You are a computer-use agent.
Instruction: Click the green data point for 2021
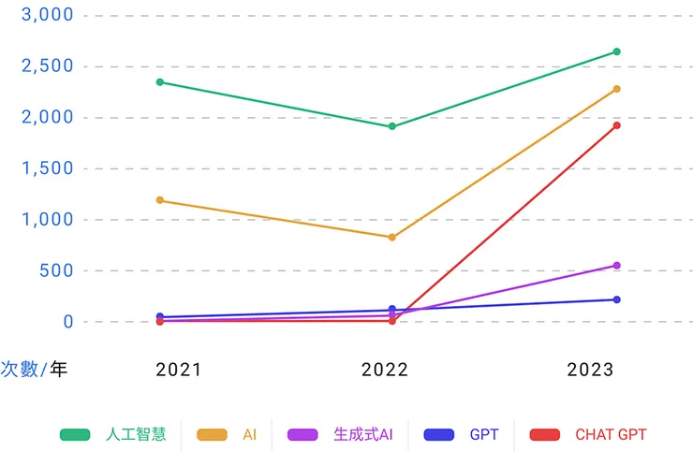160,82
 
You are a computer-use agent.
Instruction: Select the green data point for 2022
392,126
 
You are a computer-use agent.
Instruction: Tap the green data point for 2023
616,51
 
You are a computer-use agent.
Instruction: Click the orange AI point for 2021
160,200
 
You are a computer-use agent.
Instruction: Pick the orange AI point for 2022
392,238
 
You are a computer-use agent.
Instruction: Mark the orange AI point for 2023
616,89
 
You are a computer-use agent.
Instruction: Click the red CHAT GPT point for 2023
616,125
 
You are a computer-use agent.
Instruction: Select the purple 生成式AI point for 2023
616,266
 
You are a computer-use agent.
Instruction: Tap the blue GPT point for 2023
616,299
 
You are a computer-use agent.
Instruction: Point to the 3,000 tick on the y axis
47,15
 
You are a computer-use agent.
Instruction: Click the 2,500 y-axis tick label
47,65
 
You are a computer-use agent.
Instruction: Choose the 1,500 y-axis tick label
47,168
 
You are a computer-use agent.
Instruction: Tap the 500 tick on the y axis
56,270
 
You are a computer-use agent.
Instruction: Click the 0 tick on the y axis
68,322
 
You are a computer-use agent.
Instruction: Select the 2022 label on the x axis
385,370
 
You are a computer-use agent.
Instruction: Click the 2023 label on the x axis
591,370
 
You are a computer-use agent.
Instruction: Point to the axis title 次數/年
34,369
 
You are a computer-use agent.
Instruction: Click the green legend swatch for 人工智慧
75,435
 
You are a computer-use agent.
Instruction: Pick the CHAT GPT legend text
611,435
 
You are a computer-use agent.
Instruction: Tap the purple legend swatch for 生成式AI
302,435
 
